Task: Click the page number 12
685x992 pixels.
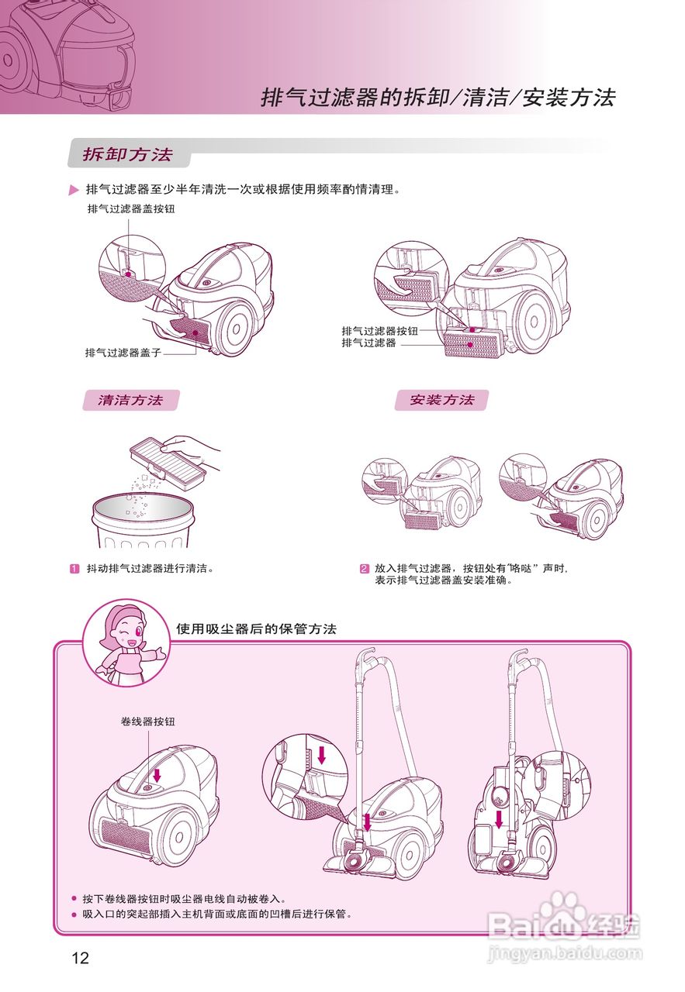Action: (81, 958)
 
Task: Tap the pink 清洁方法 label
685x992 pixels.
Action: (130, 401)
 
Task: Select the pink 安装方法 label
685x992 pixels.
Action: (441, 400)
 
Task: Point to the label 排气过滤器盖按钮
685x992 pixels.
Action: (132, 208)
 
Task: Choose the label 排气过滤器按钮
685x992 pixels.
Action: (380, 331)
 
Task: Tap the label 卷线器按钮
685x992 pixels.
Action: (147, 722)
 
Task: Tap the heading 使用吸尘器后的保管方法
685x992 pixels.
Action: (256, 629)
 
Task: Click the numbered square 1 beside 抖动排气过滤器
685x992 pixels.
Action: (75, 568)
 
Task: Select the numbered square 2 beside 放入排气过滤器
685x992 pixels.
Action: (364, 568)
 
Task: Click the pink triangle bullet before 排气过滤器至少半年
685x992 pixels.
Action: (74, 191)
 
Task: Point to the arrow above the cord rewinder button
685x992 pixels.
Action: (157, 775)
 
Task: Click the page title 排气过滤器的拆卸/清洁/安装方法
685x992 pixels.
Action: (438, 98)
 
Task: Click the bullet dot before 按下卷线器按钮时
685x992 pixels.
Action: (74, 900)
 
